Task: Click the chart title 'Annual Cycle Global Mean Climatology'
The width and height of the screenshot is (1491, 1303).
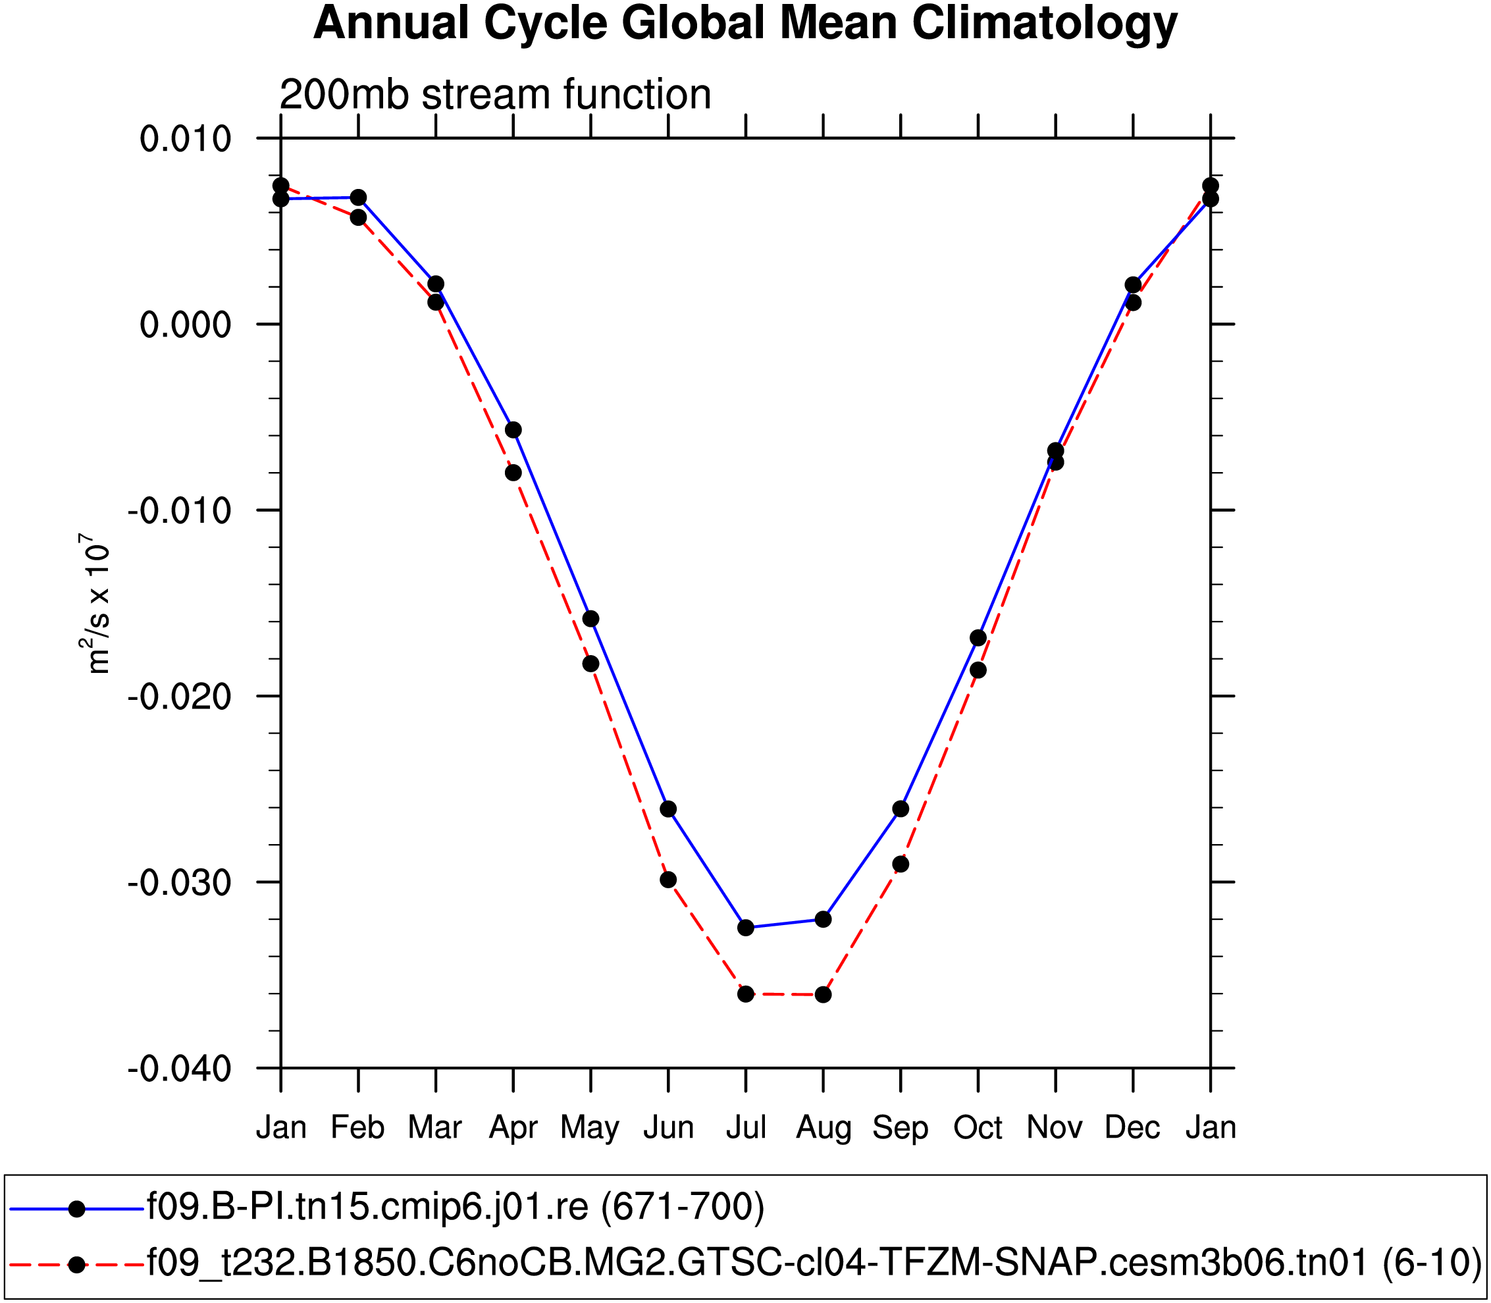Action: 745,23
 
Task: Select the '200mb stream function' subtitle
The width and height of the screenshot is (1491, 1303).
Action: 495,95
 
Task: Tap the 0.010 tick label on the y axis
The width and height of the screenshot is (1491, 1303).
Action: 186,138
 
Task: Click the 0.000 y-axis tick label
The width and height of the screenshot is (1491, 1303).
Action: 186,325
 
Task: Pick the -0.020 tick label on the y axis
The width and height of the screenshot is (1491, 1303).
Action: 180,697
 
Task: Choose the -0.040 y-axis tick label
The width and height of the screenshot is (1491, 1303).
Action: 180,1069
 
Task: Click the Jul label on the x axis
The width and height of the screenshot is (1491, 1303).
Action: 746,1128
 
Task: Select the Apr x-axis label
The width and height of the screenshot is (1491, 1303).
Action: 513,1128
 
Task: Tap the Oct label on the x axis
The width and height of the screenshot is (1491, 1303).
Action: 978,1128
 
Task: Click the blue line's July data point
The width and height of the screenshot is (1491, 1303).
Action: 746,928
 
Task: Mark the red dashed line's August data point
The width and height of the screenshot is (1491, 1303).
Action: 823,995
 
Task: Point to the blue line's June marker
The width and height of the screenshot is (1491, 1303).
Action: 668,809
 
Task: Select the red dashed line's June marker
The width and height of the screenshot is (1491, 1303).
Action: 668,880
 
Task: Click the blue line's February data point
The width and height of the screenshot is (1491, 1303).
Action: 358,198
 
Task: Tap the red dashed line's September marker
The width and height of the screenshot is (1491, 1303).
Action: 901,864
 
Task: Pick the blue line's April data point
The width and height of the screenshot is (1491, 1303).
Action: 513,431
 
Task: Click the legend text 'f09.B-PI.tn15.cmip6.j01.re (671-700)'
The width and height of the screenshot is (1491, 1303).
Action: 456,1206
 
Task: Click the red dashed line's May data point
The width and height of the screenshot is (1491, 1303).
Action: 591,664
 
